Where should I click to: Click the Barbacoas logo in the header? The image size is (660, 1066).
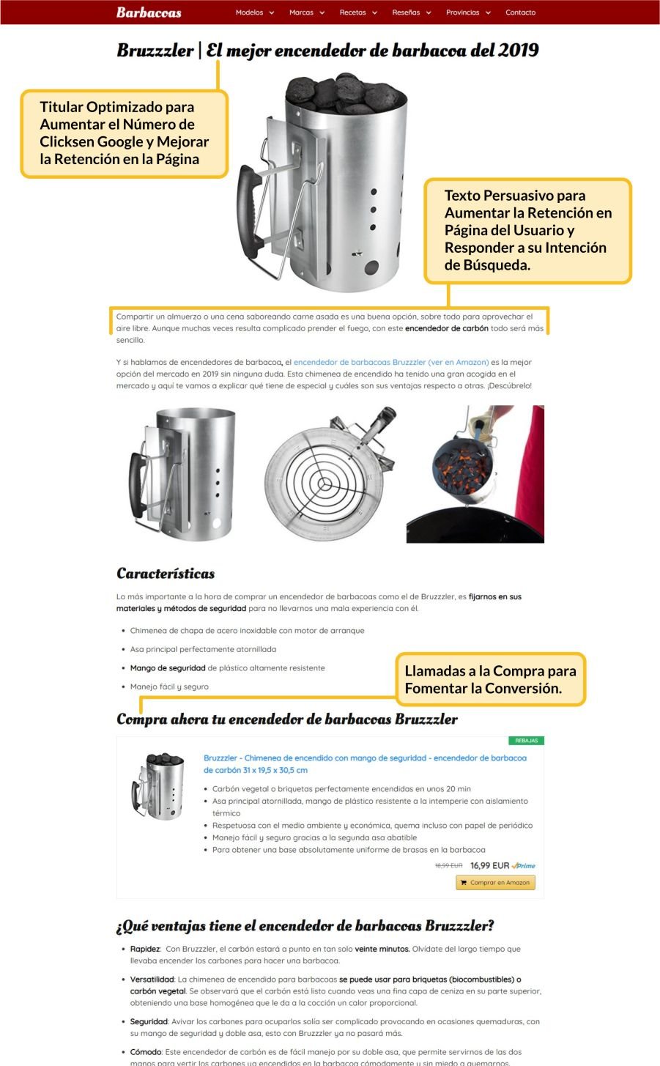149,12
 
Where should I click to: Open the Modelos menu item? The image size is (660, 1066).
254,12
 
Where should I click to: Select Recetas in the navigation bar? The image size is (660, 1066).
357,12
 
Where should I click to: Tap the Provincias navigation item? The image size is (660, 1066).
467,12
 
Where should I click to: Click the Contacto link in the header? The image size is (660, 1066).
520,12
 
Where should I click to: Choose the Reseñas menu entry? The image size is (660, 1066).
411,12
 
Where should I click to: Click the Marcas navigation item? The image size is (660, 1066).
305,12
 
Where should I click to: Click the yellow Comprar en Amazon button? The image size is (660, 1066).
495,883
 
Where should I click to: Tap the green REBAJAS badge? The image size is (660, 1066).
526,741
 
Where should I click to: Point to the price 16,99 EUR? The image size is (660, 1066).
489,866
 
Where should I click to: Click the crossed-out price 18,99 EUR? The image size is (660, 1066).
448,866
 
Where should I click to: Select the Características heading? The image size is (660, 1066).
166,574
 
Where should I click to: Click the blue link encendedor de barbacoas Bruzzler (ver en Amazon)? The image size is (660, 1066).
390,362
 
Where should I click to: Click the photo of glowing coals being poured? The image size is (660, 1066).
475,474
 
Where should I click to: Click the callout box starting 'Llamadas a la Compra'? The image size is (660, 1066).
490,679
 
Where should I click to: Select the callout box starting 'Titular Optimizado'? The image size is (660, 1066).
124,133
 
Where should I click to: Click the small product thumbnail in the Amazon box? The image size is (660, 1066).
157,785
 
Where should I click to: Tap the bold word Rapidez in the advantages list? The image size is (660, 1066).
145,949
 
